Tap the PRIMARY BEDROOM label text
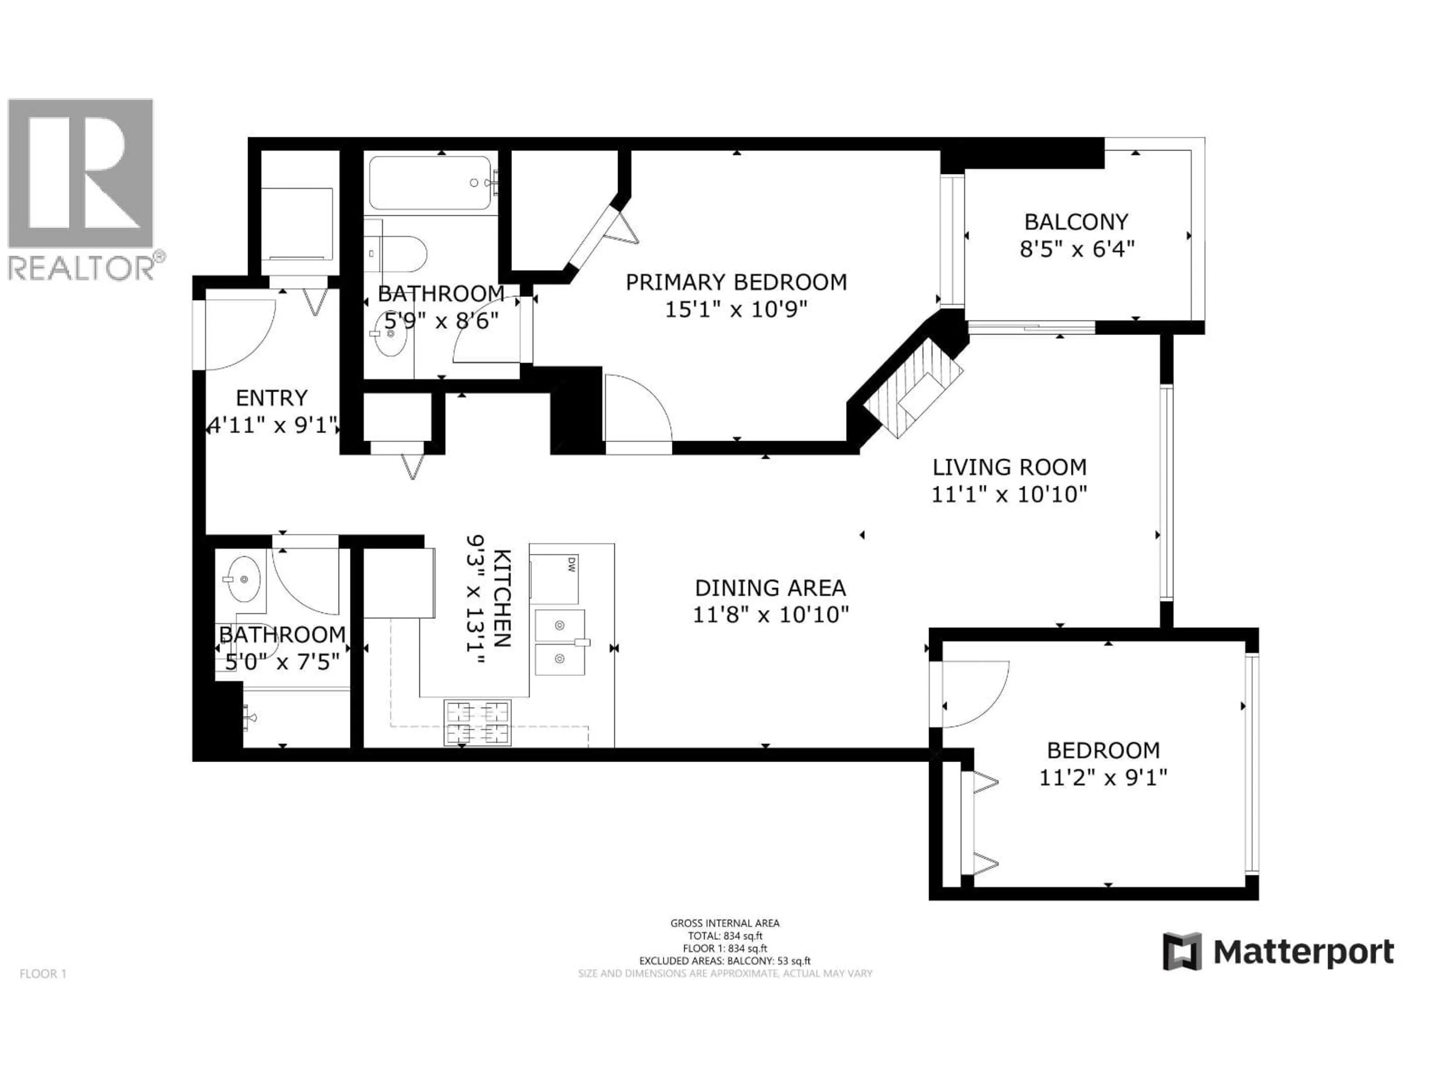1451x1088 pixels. click(x=736, y=283)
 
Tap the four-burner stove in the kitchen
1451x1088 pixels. click(x=478, y=723)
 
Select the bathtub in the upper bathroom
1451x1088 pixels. click(x=430, y=183)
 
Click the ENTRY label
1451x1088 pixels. click(x=272, y=398)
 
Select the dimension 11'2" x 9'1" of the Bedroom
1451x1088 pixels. click(x=1103, y=778)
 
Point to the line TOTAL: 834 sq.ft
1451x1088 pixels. click(x=725, y=936)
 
